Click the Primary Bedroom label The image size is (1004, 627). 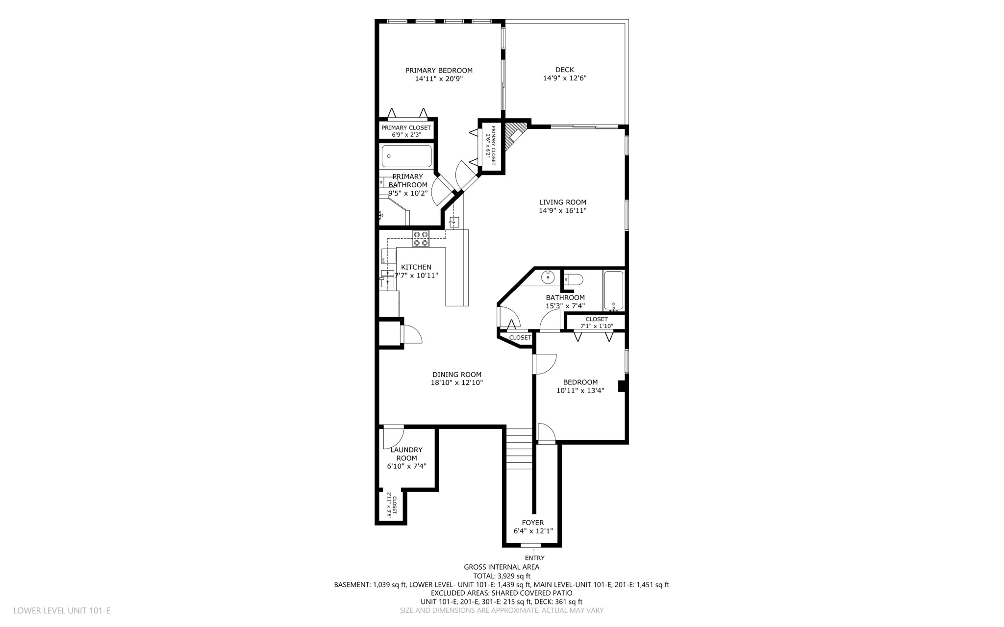tap(439, 71)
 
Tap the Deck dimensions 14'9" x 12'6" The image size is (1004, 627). tap(565, 78)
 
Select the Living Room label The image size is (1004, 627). tap(563, 202)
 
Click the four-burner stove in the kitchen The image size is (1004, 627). tap(421, 238)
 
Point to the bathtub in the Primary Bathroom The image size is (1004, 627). tap(406, 156)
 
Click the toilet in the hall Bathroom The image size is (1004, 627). tap(573, 280)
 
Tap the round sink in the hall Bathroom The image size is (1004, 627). tap(548, 277)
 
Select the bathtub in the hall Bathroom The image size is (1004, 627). tap(613, 291)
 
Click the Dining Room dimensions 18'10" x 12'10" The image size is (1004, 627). tap(457, 383)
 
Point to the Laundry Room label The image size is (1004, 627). tap(406, 454)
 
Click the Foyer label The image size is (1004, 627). tap(533, 523)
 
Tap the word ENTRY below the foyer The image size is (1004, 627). tap(535, 558)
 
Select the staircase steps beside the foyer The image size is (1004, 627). tap(519, 448)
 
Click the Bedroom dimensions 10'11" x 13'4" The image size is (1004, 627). tap(580, 391)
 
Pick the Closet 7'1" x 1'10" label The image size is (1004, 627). tap(597, 323)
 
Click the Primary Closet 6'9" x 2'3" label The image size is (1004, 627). tap(406, 131)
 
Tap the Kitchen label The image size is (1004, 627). tap(416, 267)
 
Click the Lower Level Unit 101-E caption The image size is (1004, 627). tap(62, 611)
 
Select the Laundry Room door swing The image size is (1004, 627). tap(394, 435)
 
